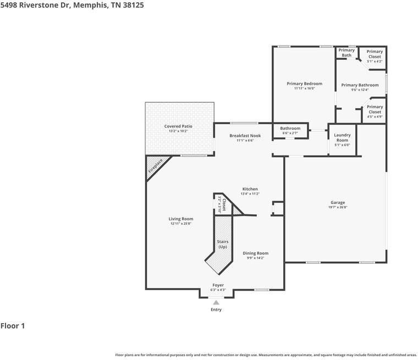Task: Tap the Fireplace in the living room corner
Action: coord(156,168)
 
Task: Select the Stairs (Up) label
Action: coord(222,244)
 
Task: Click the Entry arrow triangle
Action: coord(216,302)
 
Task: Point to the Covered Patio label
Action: coord(178,126)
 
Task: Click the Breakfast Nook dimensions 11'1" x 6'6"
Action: coord(245,140)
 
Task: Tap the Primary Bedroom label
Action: coord(304,84)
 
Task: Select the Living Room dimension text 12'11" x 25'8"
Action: coord(180,224)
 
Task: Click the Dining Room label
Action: coord(256,253)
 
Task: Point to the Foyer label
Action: coord(218,285)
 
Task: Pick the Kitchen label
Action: coord(250,189)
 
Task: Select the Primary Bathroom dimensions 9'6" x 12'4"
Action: coord(360,90)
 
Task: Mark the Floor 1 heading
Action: coord(13,326)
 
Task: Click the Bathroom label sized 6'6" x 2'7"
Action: coord(290,129)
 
